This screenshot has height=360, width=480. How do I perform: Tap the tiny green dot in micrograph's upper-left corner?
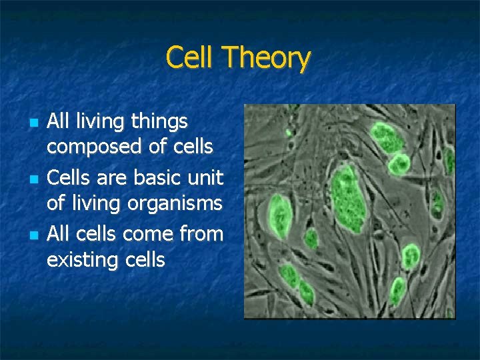pos(289,131)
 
